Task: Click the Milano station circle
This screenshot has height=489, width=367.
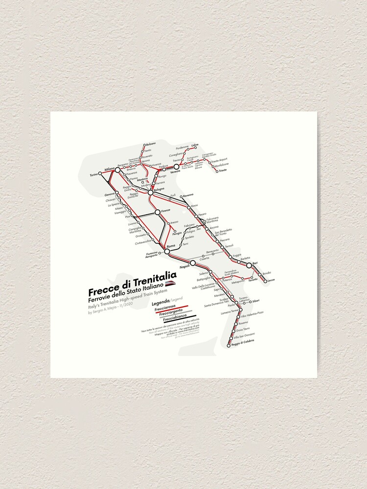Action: [117, 170]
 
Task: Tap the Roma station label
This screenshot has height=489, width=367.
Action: [171, 245]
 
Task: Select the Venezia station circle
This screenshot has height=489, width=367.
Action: [176, 166]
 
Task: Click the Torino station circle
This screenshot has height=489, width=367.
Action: [100, 174]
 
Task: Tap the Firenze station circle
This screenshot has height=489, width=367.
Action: [158, 212]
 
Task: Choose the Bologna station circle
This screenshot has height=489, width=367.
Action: [151, 193]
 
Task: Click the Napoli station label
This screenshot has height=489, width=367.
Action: [184, 267]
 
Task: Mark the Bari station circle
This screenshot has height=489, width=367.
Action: [249, 265]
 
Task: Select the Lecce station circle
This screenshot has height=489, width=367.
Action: [266, 281]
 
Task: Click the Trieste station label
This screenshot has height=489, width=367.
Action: [223, 171]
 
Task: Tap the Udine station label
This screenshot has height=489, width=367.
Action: [195, 145]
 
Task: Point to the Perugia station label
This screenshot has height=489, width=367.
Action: [177, 234]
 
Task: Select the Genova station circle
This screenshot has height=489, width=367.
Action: [117, 195]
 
